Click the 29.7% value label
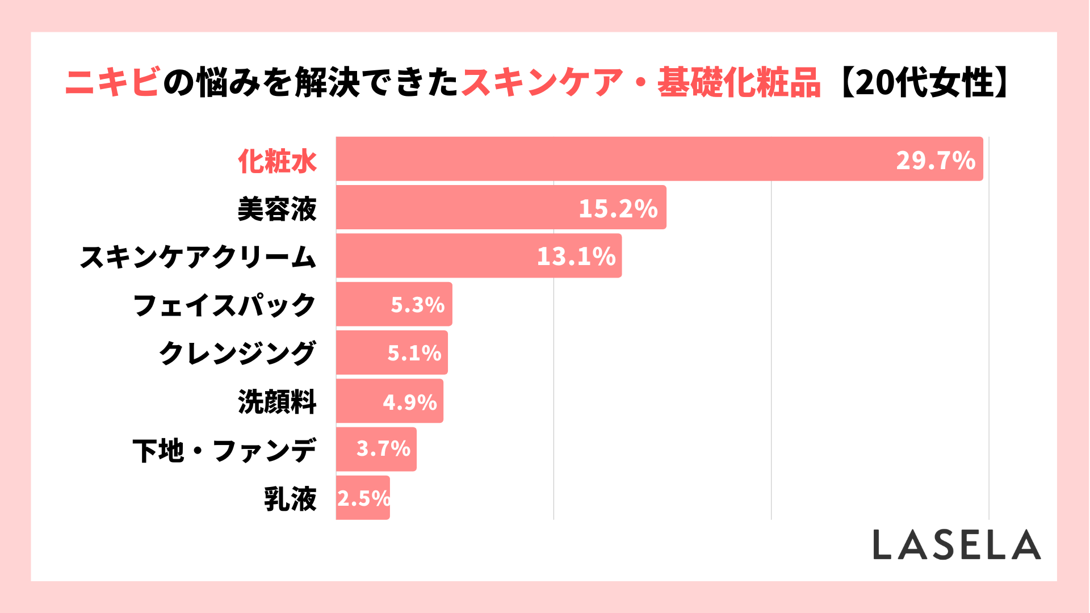click(936, 161)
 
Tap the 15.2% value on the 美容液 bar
click(618, 208)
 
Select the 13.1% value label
click(576, 257)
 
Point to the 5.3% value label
click(418, 305)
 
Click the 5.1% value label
click(414, 353)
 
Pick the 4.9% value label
click(410, 402)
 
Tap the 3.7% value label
click(383, 449)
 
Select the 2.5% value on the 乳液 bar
click(363, 498)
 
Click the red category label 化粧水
click(277, 161)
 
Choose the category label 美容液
click(277, 209)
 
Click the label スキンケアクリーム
click(198, 257)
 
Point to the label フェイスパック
click(224, 305)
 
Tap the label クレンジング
click(237, 354)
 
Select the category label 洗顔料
click(277, 402)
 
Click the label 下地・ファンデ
click(224, 451)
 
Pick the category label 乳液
click(290, 499)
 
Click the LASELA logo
click(957, 545)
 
